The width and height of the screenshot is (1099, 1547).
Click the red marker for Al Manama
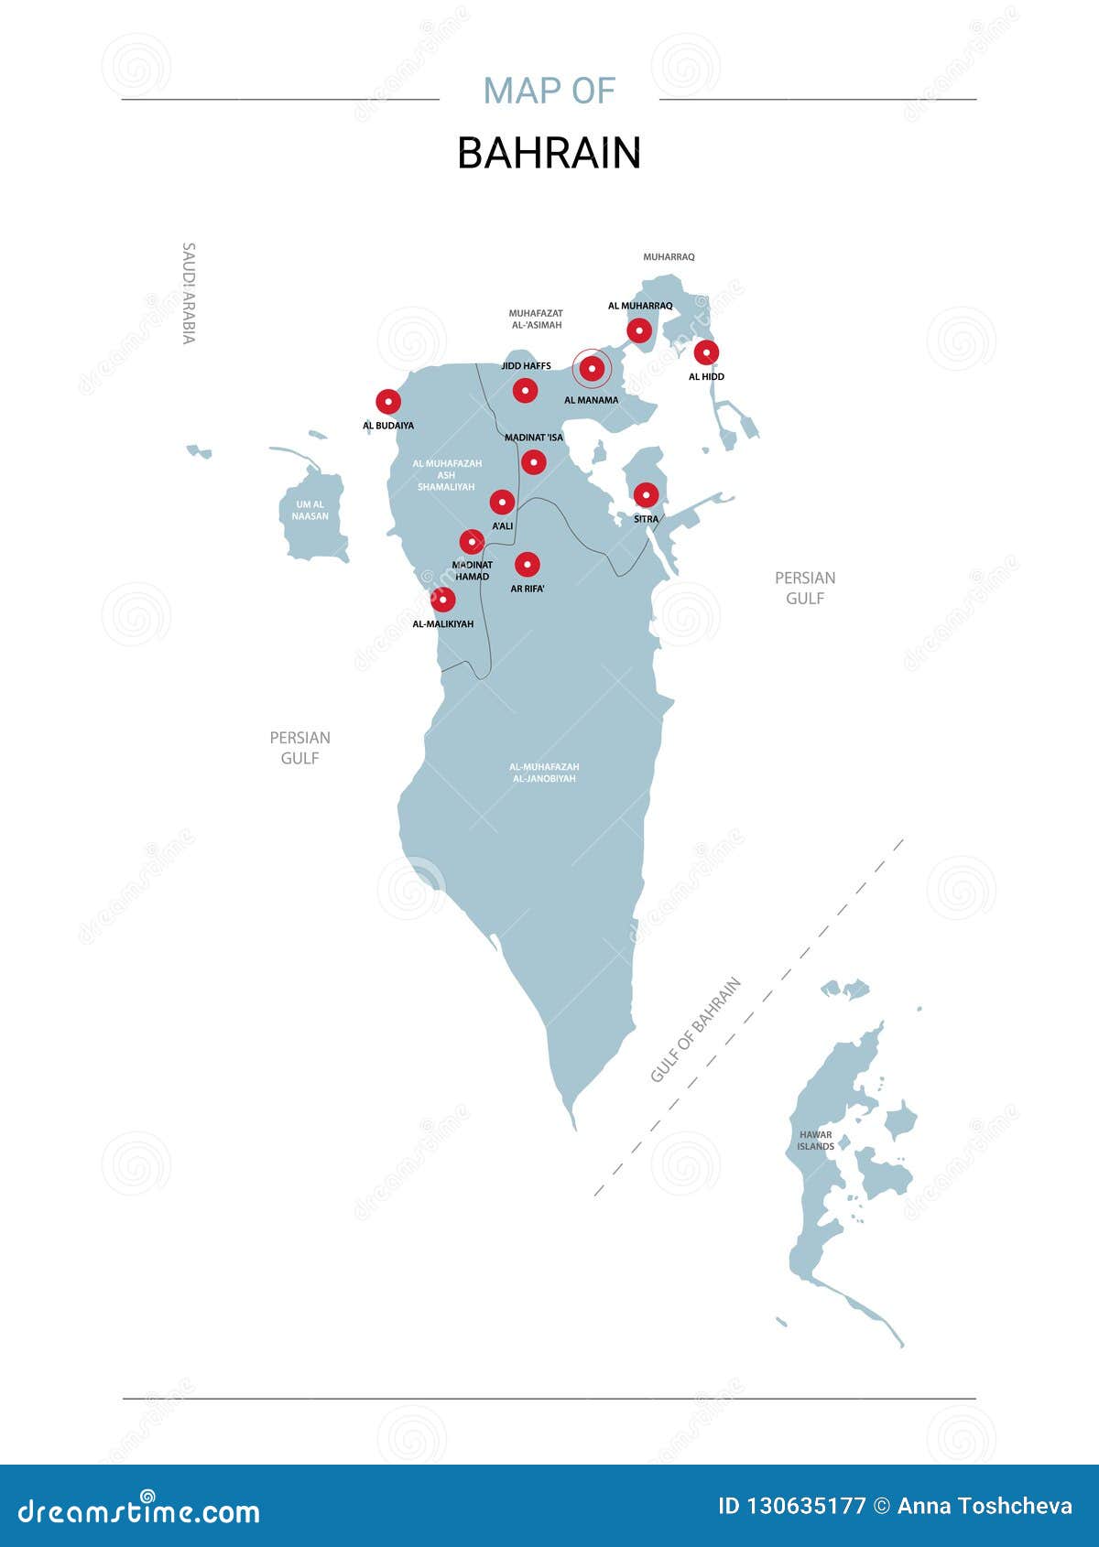592,369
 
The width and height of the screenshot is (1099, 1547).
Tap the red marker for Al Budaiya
388,401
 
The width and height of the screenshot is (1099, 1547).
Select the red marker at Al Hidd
706,352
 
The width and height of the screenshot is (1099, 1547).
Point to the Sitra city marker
646,495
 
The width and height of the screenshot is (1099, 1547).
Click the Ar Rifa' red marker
527,564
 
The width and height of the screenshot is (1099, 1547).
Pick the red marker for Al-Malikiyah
442,600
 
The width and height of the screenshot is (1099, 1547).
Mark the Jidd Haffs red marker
525,390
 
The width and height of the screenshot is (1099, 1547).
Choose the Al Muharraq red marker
639,330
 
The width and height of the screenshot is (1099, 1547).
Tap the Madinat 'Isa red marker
534,461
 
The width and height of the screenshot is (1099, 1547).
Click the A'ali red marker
502,502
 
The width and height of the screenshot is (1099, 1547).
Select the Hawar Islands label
815,1141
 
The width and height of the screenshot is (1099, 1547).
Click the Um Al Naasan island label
310,510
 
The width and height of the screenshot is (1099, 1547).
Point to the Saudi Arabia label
189,293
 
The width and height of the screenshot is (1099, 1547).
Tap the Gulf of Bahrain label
695,1030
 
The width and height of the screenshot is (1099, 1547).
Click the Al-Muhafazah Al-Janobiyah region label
544,773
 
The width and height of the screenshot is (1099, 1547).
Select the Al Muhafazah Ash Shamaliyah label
446,475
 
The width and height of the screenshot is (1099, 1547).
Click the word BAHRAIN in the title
549,153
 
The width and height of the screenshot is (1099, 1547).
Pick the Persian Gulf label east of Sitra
805,588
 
